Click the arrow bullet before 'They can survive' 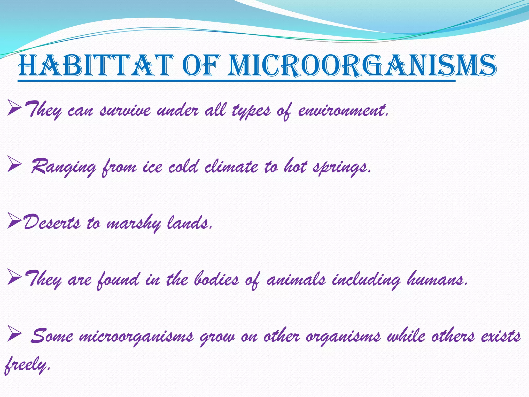tap(14, 108)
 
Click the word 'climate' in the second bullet tap(231, 167)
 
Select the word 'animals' tap(296, 280)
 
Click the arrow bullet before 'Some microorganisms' tap(14, 334)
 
